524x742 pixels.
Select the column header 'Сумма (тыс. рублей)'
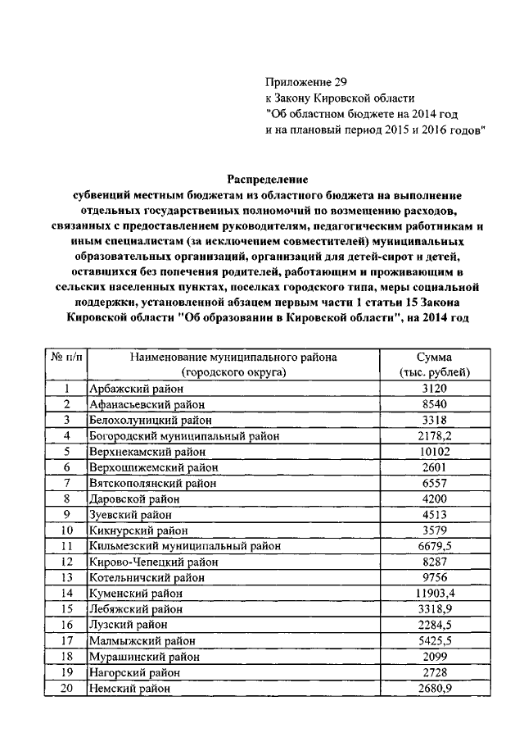[434, 364]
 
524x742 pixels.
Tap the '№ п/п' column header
[66, 357]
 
